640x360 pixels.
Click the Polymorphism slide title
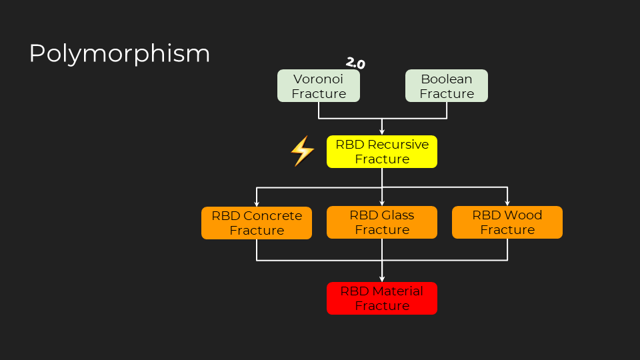pos(119,54)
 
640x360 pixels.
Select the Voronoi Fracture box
pos(319,86)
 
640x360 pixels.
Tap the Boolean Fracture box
pos(447,86)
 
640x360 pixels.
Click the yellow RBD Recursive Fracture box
pos(382,151)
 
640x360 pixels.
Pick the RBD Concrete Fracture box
pos(257,223)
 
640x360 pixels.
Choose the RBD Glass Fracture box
pos(382,223)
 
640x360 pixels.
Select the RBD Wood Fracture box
pos(507,223)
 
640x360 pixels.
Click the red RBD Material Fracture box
pos(382,299)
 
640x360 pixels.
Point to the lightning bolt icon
pos(303,151)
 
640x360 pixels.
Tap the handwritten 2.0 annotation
pos(355,63)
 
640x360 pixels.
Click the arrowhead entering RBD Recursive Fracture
pos(382,132)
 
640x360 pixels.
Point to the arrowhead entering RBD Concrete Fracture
pos(257,203)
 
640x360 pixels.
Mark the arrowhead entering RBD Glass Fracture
pos(382,203)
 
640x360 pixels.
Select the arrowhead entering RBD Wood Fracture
pos(507,203)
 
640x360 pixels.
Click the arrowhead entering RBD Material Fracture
pos(382,279)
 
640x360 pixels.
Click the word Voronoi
pos(319,79)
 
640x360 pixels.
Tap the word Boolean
pos(447,79)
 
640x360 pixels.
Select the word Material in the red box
pos(399,291)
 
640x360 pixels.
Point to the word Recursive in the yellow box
pos(398,145)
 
